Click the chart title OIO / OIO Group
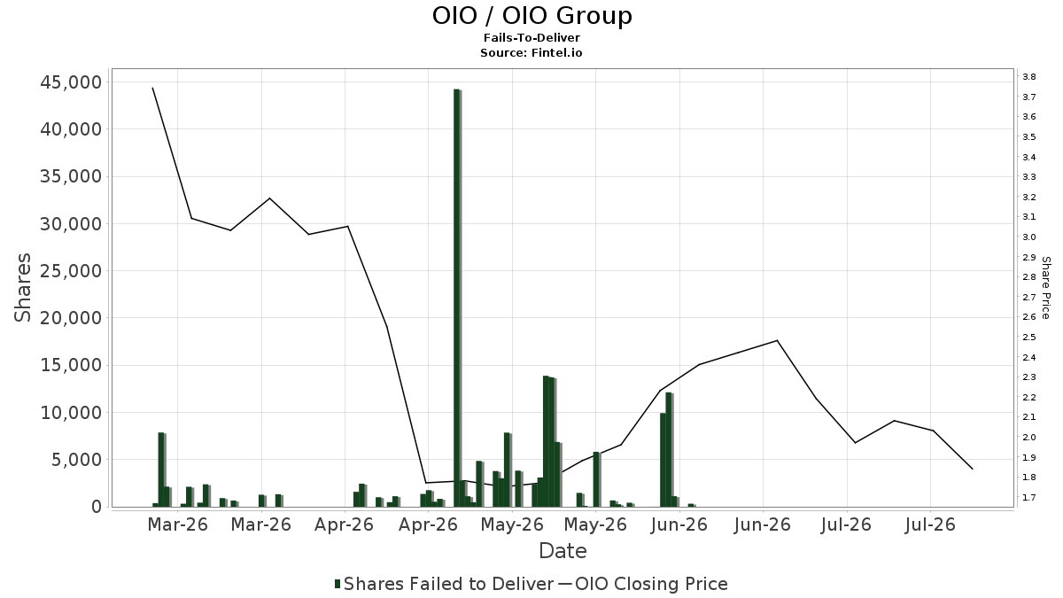(531, 16)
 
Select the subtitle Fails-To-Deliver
(531, 37)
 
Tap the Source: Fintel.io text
(531, 52)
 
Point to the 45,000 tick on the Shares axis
(71, 82)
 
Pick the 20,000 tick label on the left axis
(71, 318)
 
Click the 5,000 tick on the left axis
(77, 460)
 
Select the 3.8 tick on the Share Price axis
(1028, 77)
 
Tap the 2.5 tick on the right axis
(1028, 338)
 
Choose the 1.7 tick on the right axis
(1028, 497)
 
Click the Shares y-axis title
(22, 288)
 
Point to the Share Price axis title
(1045, 288)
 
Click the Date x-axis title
(563, 551)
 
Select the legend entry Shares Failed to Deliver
(444, 584)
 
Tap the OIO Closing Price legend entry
(643, 584)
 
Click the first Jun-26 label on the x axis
(679, 524)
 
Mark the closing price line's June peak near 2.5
(777, 340)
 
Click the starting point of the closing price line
(152, 88)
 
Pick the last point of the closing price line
(973, 469)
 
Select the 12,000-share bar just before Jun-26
(669, 449)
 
